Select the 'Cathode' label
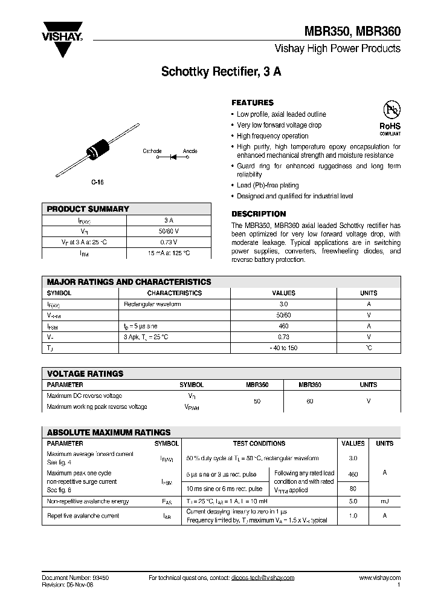(152, 151)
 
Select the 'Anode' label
(190, 151)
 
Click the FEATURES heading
(253, 103)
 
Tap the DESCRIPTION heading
(259, 214)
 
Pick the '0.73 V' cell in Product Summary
(169, 242)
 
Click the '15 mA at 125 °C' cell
(169, 253)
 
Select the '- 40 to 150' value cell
(284, 348)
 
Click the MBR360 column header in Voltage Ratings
(310, 385)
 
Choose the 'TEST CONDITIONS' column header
(259, 443)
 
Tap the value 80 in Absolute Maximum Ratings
(353, 489)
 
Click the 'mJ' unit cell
(384, 501)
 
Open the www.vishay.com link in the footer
(379, 578)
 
